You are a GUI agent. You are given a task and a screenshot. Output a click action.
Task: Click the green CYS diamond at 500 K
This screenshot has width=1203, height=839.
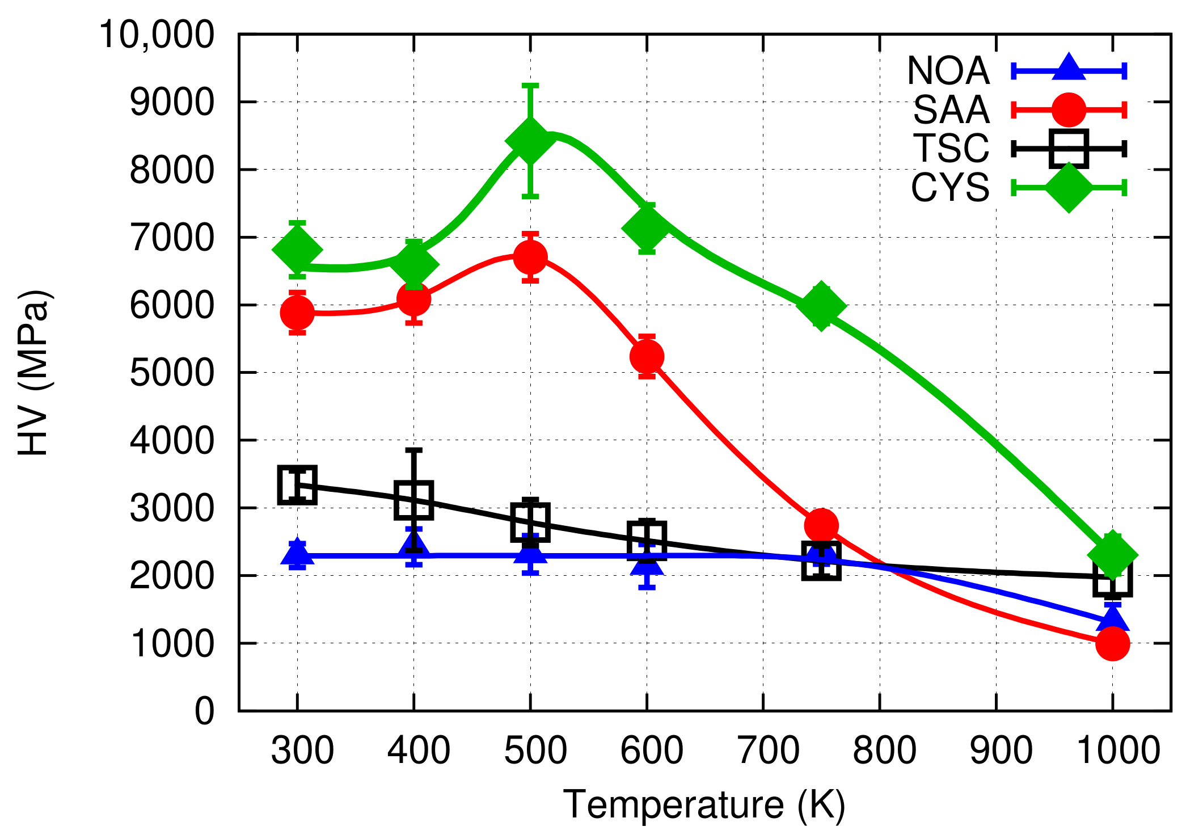click(530, 140)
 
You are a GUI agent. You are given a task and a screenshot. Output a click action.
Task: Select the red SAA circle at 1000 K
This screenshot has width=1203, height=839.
click(1112, 643)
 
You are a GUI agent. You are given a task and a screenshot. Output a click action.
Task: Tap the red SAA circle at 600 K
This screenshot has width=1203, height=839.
click(647, 356)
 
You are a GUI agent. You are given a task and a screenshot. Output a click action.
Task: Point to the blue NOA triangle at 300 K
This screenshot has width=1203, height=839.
click(297, 554)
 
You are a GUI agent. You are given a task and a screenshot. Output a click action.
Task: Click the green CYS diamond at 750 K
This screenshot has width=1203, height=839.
click(821, 305)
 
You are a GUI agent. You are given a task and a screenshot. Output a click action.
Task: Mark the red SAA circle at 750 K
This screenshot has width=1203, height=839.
click(821, 525)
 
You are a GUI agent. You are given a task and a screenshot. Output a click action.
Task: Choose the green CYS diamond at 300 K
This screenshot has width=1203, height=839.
click(297, 250)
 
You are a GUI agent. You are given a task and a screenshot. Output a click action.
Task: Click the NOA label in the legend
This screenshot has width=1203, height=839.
click(948, 71)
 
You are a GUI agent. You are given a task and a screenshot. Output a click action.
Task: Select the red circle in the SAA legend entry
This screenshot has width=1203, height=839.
click(1069, 109)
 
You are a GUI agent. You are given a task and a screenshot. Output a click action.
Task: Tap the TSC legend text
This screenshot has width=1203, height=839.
click(951, 149)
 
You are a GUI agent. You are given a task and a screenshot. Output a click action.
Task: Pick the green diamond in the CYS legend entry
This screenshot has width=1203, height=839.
click(1069, 187)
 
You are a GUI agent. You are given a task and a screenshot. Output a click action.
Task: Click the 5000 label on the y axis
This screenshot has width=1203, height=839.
click(172, 373)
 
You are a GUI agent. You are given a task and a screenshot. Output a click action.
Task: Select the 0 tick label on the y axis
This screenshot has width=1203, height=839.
click(205, 711)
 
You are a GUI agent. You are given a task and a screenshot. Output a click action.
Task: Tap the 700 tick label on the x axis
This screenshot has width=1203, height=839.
click(769, 751)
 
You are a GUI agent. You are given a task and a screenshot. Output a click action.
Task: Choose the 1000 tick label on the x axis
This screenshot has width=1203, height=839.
click(1118, 751)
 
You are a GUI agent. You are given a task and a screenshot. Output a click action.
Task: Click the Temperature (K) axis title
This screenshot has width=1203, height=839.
click(704, 804)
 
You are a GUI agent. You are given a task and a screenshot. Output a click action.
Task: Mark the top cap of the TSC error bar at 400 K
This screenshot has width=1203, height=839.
click(414, 450)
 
